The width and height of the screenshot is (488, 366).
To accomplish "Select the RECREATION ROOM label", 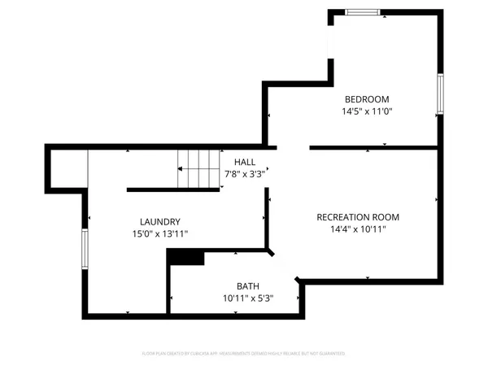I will point(358,217).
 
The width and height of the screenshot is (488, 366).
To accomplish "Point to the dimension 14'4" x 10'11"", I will point(358,229).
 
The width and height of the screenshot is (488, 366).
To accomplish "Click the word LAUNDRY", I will point(159,222).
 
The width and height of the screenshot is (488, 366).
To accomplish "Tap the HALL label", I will point(245,162).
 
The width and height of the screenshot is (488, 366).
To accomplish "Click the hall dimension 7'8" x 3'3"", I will point(245,174).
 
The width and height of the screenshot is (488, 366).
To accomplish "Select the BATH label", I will point(248,286).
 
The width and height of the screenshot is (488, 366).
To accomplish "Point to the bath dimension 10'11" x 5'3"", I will point(248,298).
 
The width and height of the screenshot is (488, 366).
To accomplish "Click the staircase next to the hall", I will point(200,168).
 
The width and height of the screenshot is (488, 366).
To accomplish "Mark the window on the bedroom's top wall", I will point(362,11).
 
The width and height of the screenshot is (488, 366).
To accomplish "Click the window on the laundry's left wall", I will point(84,248).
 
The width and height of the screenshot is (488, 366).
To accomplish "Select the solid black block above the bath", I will point(185,257).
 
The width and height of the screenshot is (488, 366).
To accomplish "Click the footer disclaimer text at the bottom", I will point(244,354).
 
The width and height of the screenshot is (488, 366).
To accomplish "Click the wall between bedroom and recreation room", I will point(376,148).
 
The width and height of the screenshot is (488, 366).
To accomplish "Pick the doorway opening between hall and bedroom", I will point(293,148).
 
